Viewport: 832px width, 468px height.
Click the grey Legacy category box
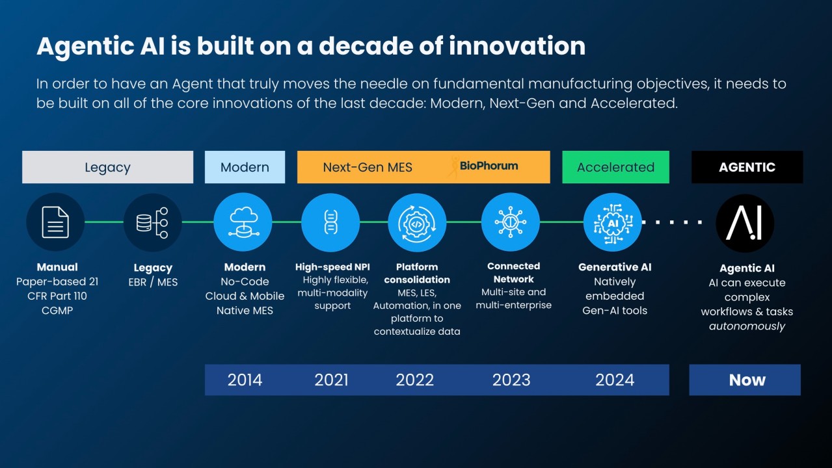(107, 167)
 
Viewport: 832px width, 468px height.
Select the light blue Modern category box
(245, 167)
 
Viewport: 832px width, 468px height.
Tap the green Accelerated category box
(615, 167)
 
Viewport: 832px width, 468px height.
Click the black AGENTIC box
(747, 167)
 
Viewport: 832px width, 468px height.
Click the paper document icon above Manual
(55, 222)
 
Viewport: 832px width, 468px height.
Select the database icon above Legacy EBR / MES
(152, 222)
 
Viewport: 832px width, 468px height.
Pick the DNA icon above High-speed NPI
(330, 222)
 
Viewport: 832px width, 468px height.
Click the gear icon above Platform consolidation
(417, 223)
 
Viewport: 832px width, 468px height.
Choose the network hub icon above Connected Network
(511, 222)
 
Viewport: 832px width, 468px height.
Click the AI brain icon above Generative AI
(613, 222)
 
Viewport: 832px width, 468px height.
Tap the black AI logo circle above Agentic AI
(745, 223)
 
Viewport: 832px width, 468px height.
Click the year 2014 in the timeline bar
(245, 380)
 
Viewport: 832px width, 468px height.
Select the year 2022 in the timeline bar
(414, 380)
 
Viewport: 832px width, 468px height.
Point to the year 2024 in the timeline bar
(615, 380)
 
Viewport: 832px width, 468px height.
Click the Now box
(745, 380)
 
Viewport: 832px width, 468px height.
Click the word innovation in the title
(517, 46)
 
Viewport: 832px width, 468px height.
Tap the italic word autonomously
(747, 326)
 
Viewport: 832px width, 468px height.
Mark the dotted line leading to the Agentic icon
(672, 222)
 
